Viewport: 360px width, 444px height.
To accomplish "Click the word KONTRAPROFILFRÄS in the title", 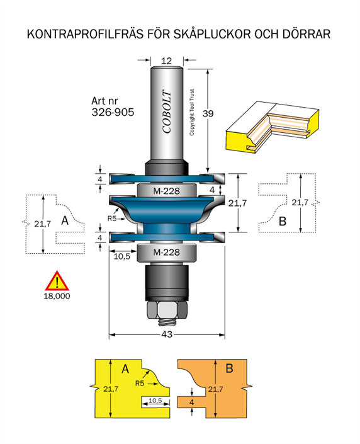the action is [85, 34].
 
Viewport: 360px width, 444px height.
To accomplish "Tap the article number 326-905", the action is [113, 112].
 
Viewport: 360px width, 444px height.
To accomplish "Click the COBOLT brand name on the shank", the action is [167, 111].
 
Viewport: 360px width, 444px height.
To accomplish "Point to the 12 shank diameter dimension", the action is [166, 60].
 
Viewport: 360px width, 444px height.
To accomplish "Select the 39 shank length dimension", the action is [208, 113].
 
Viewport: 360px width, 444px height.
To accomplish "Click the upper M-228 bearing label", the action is [166, 191].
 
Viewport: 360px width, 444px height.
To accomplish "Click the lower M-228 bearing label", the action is [166, 252].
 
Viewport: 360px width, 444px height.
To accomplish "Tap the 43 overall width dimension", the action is [167, 334].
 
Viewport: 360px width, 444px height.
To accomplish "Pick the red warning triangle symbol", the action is [57, 281].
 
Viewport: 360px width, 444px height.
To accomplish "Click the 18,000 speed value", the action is [57, 296].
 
